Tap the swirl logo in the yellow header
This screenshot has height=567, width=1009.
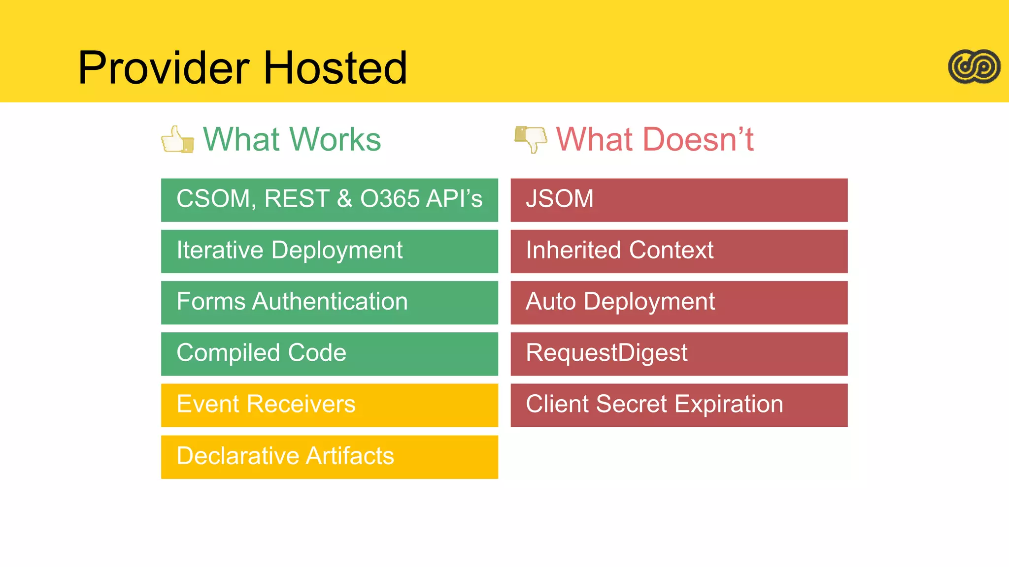(974, 66)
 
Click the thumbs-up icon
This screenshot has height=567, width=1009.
(177, 140)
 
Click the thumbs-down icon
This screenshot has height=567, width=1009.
(531, 139)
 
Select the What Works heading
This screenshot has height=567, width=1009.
(292, 139)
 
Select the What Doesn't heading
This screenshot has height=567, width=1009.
(655, 139)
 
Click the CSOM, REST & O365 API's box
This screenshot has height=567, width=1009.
(329, 200)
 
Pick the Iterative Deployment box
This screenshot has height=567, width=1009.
(329, 251)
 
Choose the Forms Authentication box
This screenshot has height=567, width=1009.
(329, 302)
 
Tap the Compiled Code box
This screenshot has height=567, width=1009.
(329, 353)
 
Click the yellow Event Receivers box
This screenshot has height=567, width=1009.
(329, 405)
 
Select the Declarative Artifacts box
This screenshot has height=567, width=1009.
(329, 456)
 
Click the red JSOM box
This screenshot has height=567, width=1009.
(679, 200)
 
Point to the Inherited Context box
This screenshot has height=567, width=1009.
(679, 251)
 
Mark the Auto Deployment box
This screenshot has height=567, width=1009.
(679, 302)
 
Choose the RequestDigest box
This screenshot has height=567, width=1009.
(679, 353)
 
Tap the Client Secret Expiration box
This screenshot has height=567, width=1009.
(679, 405)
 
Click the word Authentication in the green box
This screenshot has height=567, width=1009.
(330, 301)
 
